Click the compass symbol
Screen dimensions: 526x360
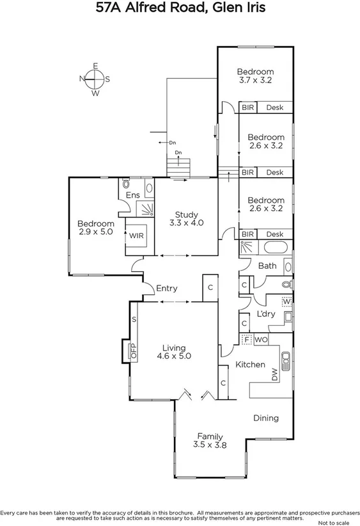pos(95,79)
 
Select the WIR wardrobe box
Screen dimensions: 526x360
pos(136,235)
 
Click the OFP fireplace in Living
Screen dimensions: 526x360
pos(134,350)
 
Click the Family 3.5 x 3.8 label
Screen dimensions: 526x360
pos(210,440)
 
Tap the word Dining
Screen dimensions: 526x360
pos(265,418)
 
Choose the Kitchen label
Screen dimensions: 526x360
pos(250,364)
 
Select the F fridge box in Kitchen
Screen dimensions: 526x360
pos(247,339)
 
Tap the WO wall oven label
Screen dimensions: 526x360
pos(261,340)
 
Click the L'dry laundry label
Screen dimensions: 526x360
pos(265,314)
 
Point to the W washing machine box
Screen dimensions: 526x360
pos(287,301)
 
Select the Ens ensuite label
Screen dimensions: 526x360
pos(132,195)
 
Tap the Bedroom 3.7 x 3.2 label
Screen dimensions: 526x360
pos(255,76)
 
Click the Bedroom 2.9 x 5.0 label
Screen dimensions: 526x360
pos(95,228)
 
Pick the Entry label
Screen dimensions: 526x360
pos(167,289)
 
